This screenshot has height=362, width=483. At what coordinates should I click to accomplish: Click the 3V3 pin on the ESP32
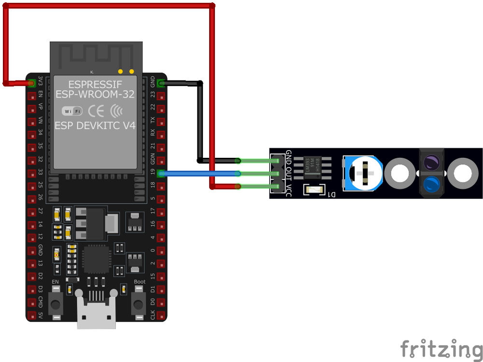[x=32, y=83]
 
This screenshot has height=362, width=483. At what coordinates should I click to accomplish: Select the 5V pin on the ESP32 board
[x=32, y=316]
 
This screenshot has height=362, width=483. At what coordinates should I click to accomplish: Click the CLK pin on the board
[x=161, y=316]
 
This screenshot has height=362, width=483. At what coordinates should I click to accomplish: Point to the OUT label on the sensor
[x=289, y=173]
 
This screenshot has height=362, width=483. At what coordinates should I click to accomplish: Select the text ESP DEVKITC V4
[x=95, y=126]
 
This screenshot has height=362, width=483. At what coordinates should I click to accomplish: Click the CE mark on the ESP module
[x=96, y=111]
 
